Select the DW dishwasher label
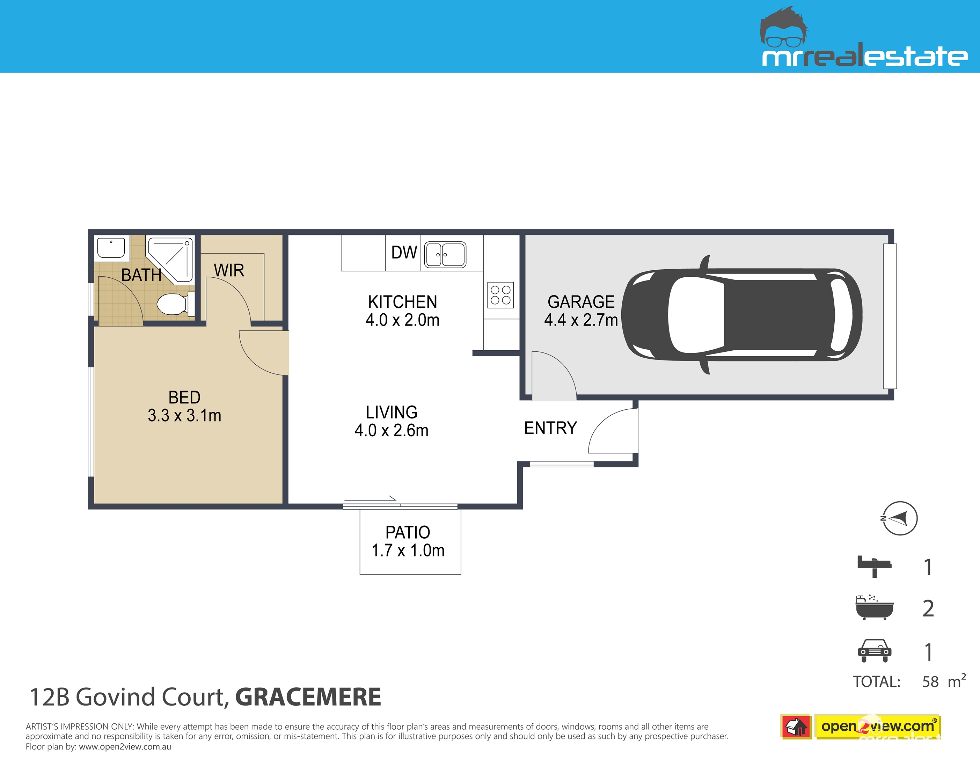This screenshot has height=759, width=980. (x=404, y=253)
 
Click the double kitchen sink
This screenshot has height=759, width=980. (x=445, y=255)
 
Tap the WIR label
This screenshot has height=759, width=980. (x=229, y=270)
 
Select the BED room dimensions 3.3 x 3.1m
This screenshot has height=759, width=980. (x=184, y=416)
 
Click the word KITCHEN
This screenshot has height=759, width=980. (x=402, y=302)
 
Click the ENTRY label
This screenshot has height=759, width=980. (x=550, y=428)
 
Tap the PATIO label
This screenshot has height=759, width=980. (x=408, y=532)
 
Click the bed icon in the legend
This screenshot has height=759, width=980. (x=874, y=567)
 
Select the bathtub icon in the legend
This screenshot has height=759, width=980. (x=875, y=608)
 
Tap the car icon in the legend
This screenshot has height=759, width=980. (x=874, y=651)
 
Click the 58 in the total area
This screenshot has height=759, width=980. (x=930, y=682)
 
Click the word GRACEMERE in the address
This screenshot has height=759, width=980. (x=308, y=697)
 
